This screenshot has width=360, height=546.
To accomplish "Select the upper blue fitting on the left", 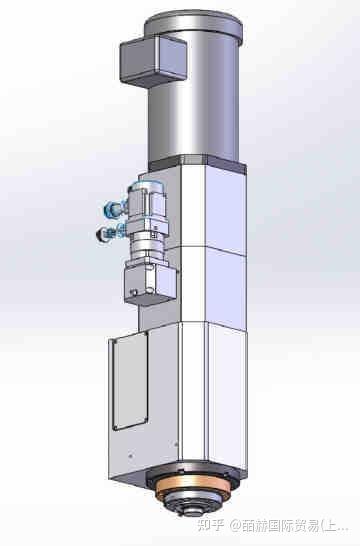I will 108,209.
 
